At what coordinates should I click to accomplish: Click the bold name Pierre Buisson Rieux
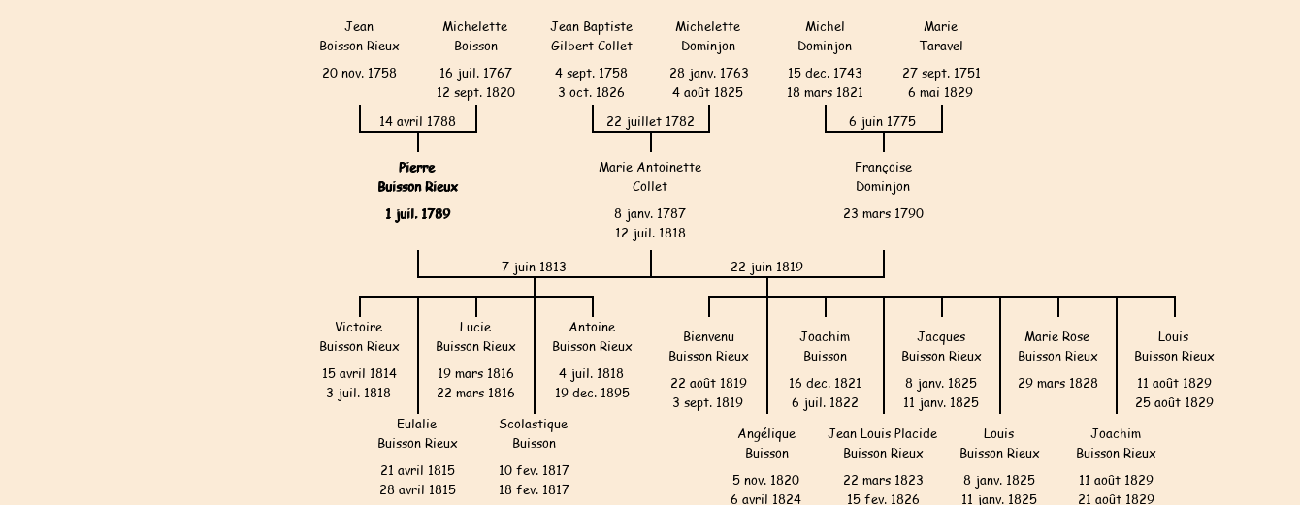tap(417, 177)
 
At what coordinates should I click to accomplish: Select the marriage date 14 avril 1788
tap(417, 122)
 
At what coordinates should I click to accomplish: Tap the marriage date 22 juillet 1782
tap(650, 122)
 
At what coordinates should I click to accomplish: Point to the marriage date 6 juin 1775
tap(882, 122)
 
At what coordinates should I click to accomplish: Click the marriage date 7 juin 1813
tap(534, 267)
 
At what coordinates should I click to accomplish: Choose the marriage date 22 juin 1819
tap(766, 267)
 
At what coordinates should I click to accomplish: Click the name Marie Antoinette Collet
tap(650, 177)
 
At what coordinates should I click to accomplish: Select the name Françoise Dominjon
tap(883, 177)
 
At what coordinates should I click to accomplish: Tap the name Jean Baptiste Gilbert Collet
tap(592, 37)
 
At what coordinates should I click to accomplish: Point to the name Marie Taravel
tap(941, 37)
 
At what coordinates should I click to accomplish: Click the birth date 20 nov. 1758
tap(359, 74)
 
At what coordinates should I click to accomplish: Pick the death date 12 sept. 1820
tap(475, 93)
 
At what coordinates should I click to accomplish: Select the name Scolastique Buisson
tap(534, 434)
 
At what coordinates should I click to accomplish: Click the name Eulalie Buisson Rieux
tap(417, 434)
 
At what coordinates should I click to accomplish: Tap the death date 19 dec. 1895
tap(592, 394)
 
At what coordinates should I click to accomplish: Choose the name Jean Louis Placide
tap(883, 434)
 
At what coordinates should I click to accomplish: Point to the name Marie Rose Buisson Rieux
tap(1057, 347)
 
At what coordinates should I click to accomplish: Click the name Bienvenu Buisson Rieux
tap(708, 347)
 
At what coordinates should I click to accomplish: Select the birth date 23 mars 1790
tap(883, 214)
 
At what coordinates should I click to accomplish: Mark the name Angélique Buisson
tap(766, 444)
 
